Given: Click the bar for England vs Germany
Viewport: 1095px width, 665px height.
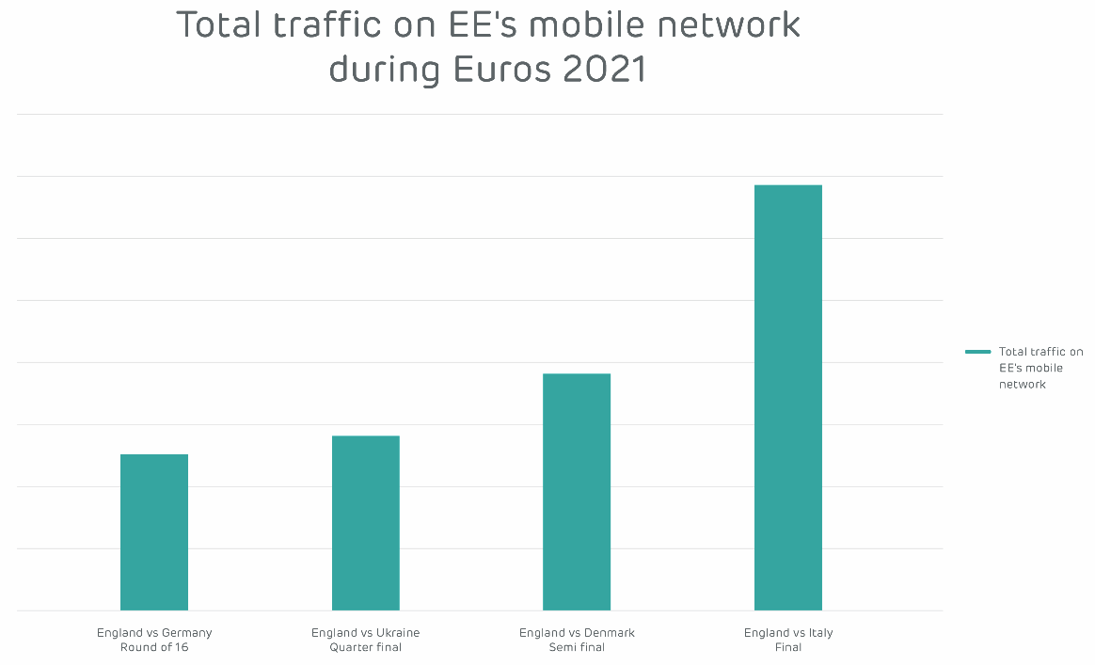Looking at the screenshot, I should (154, 532).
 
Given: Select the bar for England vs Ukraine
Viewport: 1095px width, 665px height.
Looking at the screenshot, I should (366, 523).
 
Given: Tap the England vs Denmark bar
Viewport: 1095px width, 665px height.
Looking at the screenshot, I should (577, 492).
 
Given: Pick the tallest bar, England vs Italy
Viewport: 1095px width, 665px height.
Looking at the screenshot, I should (788, 398).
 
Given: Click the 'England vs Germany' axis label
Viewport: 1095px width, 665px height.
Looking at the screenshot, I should (154, 633).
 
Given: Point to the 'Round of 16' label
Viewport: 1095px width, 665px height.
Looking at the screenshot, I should (154, 647).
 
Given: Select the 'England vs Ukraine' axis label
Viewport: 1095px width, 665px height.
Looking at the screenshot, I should (366, 633).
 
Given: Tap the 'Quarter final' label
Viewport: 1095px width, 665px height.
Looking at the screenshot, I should (366, 647).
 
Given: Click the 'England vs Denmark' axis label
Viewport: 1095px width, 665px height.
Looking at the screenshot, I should (577, 633).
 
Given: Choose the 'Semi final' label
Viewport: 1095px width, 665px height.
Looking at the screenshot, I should (577, 647).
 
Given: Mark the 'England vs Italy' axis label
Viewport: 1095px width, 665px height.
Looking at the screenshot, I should (788, 633).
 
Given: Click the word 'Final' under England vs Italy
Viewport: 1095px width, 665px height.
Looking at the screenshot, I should (788, 647).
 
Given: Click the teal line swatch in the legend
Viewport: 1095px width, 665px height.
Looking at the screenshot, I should (978, 352).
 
